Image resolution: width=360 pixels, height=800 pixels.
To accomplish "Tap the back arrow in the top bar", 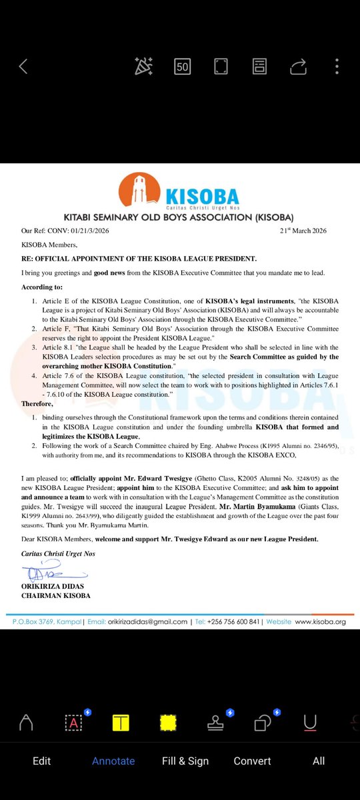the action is pos(23,66).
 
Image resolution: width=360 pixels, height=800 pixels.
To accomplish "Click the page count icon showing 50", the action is pos(182,66).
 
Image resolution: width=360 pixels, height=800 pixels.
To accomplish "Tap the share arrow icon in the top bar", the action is pos(299,66).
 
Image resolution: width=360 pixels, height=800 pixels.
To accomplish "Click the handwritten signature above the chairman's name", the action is pos(47,573).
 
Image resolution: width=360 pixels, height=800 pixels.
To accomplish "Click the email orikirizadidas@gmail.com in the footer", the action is pos(147,621).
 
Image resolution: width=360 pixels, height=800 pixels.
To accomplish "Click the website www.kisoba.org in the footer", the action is pos(320,621).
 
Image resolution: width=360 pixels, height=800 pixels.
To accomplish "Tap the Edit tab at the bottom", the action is pos(41,761).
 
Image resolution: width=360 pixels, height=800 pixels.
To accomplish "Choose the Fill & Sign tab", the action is pos(185,761).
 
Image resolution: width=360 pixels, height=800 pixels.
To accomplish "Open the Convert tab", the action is pos(252,761).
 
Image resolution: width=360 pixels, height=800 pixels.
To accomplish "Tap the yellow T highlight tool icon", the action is pos(121,723).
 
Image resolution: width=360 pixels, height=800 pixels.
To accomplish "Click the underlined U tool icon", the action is pos(309,723).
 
